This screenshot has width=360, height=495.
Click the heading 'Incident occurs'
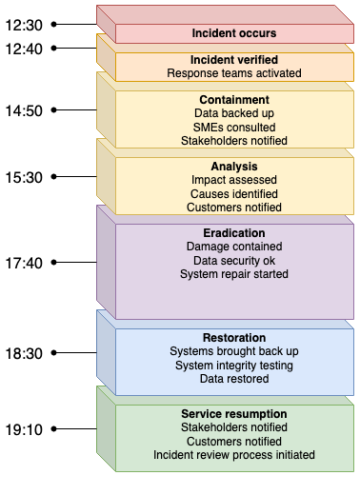click(234, 32)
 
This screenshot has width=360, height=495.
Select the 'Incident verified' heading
click(234, 59)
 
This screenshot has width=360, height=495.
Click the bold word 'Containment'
click(234, 99)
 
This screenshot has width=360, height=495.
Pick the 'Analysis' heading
click(234, 166)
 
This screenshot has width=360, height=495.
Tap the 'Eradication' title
click(234, 232)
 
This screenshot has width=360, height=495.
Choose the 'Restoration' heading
click(234, 337)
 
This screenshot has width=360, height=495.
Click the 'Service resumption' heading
click(234, 414)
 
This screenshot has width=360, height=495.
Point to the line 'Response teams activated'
click(234, 72)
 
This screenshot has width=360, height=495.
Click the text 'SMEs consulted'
click(234, 126)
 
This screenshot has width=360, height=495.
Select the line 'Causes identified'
click(234, 192)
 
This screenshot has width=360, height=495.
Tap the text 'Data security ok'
click(234, 260)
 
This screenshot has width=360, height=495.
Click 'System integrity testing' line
click(234, 365)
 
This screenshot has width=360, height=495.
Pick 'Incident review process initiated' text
click(234, 454)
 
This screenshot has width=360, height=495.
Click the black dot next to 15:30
click(55, 177)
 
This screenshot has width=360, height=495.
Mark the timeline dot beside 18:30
click(55, 352)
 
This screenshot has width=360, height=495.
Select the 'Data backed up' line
click(234, 112)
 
